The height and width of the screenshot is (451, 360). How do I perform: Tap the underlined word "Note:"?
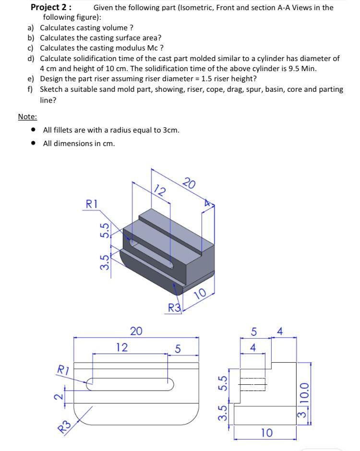pos(27,117)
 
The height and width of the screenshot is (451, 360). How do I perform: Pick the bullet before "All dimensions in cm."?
pos(33,144)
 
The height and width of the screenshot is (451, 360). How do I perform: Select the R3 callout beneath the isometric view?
pos(174,307)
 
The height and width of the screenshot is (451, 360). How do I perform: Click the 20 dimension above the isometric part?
pos(190,183)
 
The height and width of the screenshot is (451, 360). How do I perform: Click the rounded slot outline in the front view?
pos(130,384)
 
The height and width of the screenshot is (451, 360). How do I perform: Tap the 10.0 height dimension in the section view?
pos(303,390)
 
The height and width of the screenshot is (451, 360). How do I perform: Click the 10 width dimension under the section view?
pos(266,432)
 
